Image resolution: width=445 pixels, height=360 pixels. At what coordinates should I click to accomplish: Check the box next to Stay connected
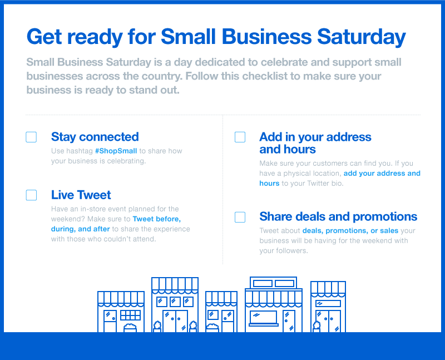click(31, 137)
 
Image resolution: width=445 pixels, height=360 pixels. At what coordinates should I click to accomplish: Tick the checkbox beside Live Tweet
click(31, 195)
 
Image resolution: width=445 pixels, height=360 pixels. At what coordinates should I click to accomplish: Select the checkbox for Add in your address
click(240, 137)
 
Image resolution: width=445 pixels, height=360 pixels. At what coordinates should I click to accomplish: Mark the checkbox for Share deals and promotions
click(240, 217)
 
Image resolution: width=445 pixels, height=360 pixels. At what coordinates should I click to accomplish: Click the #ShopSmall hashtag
click(116, 151)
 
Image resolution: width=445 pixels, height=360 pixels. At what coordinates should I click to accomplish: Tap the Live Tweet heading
click(81, 195)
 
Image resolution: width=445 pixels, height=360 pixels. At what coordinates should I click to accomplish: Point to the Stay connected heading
click(95, 137)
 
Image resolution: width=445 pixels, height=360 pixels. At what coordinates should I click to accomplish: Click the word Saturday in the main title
click(361, 37)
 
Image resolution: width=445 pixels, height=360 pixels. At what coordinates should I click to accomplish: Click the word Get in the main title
click(44, 37)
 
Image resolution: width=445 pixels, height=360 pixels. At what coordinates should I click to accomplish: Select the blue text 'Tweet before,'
click(157, 219)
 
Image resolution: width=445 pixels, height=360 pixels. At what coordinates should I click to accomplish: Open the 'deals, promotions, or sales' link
click(350, 230)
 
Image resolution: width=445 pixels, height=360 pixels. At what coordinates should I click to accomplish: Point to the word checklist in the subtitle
click(260, 76)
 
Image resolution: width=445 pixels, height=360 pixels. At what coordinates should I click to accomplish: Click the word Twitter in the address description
click(318, 184)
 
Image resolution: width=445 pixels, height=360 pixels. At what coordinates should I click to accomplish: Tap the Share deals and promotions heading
click(338, 216)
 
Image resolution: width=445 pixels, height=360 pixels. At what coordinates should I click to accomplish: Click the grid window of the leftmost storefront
click(130, 315)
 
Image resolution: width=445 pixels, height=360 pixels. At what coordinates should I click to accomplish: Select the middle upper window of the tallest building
click(175, 302)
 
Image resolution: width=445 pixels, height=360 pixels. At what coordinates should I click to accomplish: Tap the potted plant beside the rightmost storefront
click(317, 327)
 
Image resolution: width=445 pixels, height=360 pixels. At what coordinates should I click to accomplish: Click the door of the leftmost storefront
click(110, 321)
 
